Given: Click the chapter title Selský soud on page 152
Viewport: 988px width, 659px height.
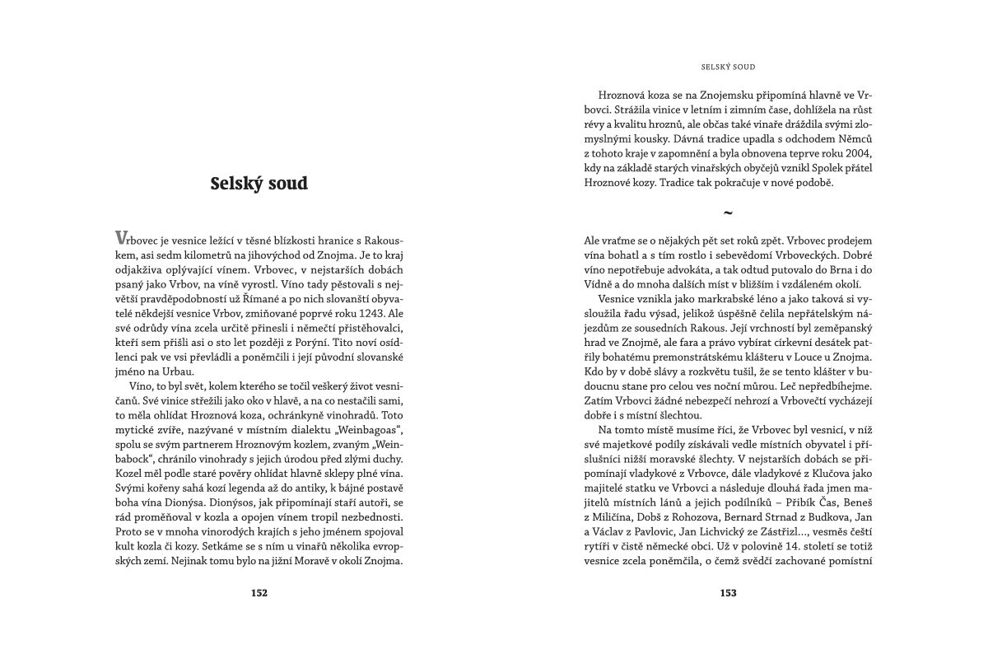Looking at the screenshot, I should [x=259, y=183].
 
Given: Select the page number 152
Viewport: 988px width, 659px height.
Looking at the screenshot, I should [x=259, y=592].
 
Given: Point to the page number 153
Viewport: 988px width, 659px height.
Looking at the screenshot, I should [x=728, y=592].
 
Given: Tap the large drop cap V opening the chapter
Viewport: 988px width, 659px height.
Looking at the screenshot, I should [x=121, y=237].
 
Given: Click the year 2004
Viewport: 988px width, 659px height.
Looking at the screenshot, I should [x=854, y=156].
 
